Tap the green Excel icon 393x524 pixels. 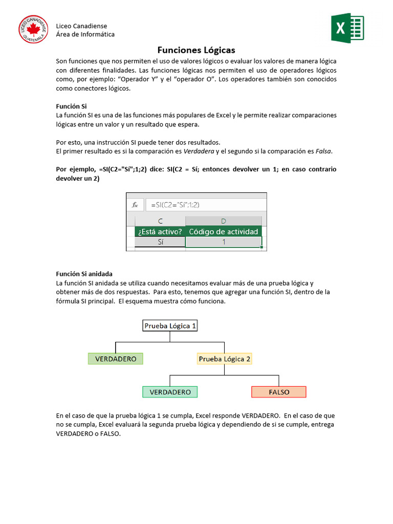tap(347, 28)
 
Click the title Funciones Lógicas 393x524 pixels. tap(196, 50)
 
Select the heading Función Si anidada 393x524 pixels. tap(84, 274)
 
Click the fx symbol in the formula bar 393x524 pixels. tap(135, 205)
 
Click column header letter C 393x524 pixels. tap(160, 221)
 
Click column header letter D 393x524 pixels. tap(224, 221)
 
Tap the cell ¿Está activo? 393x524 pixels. tap(160, 231)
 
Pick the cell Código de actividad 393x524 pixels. tap(224, 231)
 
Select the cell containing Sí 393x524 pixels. tap(160, 242)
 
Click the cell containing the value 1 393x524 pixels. tap(224, 242)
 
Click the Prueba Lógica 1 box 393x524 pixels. tap(170, 325)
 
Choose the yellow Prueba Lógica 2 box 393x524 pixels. tap(225, 359)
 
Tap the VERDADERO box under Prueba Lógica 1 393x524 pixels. tap(116, 359)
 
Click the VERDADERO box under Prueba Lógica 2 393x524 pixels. tap(170, 392)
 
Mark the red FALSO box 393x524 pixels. tap(279, 392)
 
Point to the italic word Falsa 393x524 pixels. tap(323, 151)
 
